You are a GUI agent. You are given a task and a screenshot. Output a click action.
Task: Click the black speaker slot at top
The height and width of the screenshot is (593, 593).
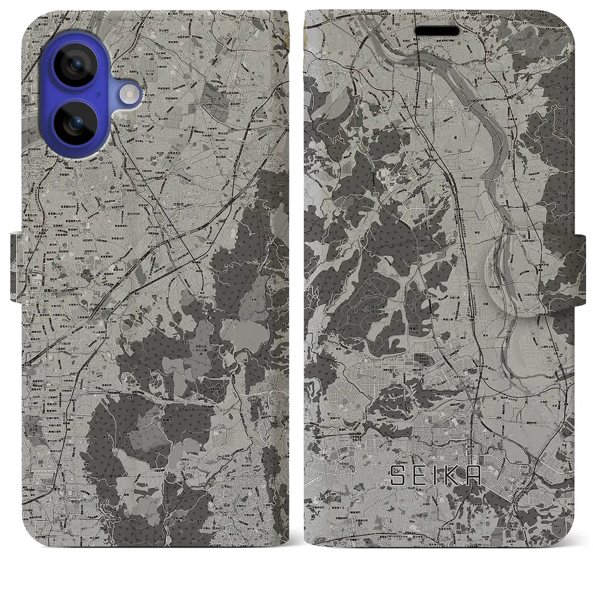pos(437,31)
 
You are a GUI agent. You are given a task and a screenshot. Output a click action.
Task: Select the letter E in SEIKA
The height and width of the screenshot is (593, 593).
pos(418,475)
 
